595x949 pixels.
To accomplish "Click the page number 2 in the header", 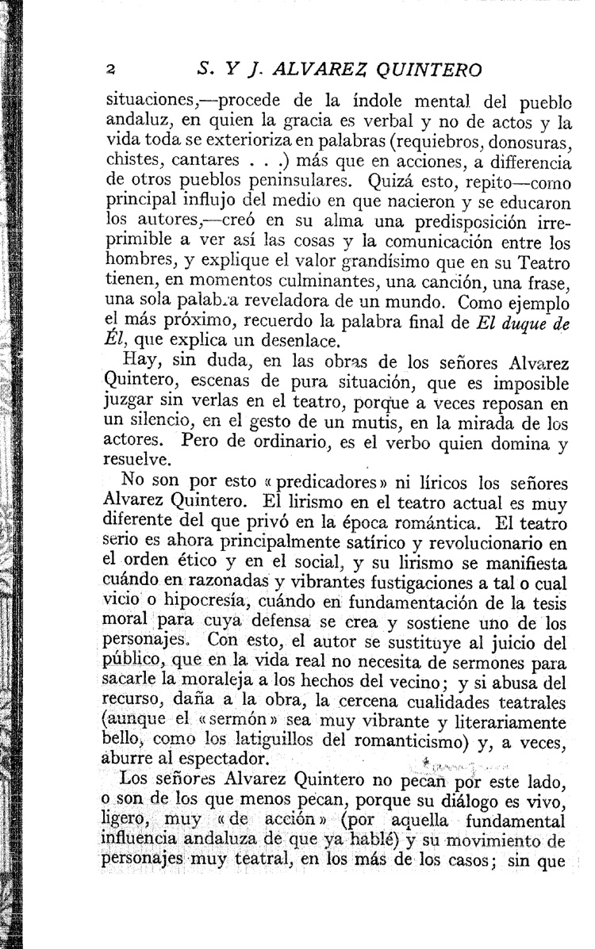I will click(113, 69).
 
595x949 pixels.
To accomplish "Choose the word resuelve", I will click(136, 458).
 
